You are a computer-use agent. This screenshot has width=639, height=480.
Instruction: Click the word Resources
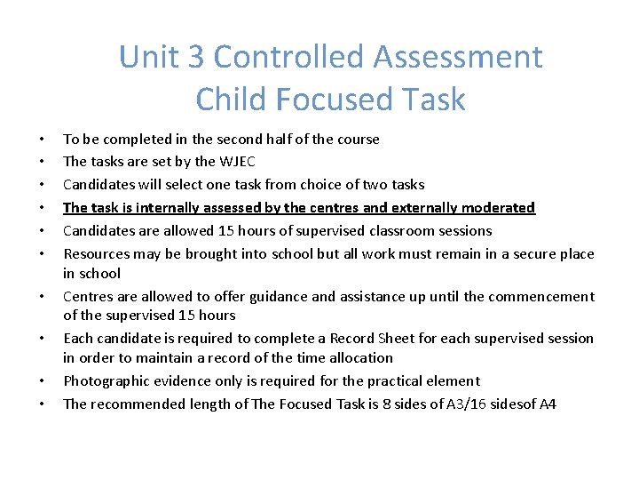click(x=96, y=254)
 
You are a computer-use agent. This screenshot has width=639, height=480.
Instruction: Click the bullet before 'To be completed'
click(x=42, y=140)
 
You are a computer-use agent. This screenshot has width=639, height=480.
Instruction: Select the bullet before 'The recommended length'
click(x=42, y=404)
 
